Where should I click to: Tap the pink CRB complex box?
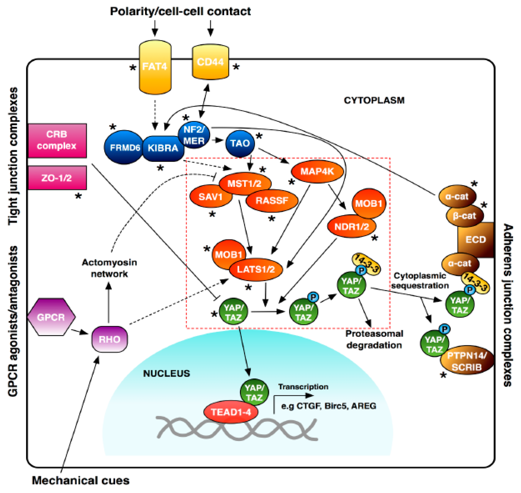pyautogui.click(x=57, y=140)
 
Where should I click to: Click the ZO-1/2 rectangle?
pyautogui.click(x=57, y=178)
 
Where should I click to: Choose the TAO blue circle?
pyautogui.click(x=240, y=143)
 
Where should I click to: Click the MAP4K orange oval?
pyautogui.click(x=317, y=172)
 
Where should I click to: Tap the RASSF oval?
pyautogui.click(x=272, y=201)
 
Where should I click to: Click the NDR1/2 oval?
pyautogui.click(x=351, y=227)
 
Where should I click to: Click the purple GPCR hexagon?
pyautogui.click(x=51, y=317)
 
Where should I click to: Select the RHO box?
pyautogui.click(x=109, y=339)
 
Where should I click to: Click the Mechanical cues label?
pyautogui.click(x=81, y=481)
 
